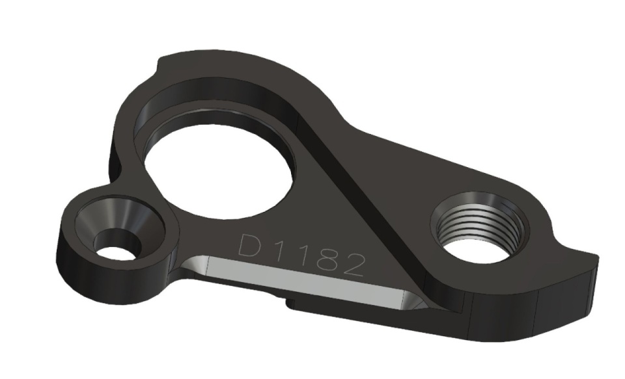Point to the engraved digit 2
pos(353,265)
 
